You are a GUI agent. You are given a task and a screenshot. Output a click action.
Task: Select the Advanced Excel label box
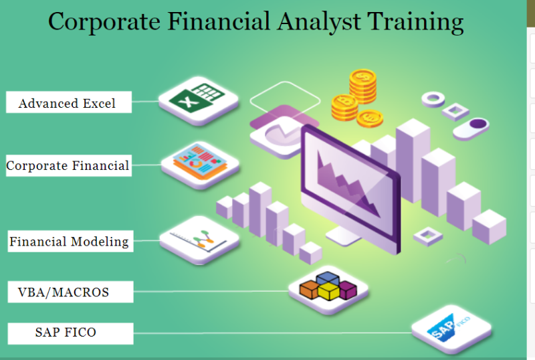coord(68,103)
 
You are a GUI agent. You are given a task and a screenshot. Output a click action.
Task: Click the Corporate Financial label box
coord(68,165)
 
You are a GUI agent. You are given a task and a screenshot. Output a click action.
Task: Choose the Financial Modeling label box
coord(69,242)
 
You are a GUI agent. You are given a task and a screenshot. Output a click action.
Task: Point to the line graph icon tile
coord(199,238)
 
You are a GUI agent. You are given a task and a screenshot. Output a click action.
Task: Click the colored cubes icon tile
coord(328,288)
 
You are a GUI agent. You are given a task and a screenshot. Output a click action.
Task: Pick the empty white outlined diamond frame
coord(285,99)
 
